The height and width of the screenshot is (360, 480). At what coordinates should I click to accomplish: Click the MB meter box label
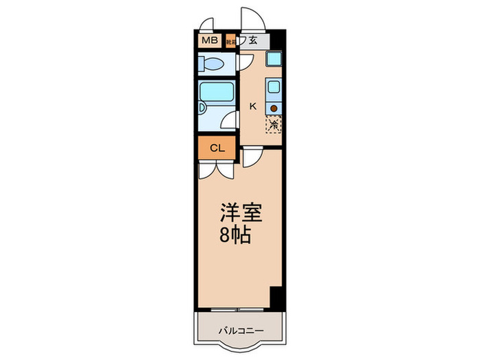(x=209, y=40)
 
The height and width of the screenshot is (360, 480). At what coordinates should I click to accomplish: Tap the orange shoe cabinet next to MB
(x=230, y=40)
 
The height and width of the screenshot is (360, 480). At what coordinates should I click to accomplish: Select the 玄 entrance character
(x=253, y=40)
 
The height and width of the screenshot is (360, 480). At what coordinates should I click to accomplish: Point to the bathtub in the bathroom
(x=217, y=92)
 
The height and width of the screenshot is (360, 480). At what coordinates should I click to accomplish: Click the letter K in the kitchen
(x=252, y=106)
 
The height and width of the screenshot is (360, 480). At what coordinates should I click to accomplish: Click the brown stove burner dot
(x=274, y=108)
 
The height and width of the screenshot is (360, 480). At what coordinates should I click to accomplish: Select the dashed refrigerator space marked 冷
(x=274, y=125)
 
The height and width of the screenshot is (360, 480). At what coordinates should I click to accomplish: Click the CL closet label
(x=216, y=148)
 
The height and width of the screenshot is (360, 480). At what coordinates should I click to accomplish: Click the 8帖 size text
(x=235, y=236)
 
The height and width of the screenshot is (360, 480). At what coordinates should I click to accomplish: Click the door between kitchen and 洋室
(x=252, y=158)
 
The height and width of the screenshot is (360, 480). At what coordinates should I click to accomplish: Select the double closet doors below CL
(x=216, y=170)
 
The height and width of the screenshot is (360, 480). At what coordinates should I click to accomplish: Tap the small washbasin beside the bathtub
(x=202, y=108)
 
